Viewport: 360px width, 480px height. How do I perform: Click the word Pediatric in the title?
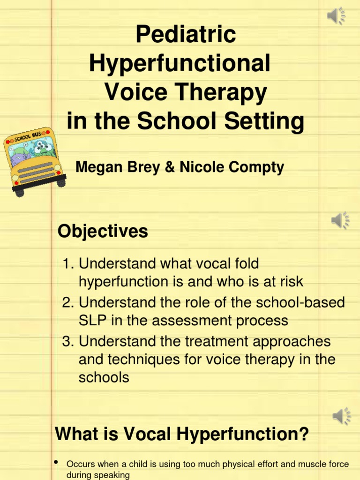coord(186,35)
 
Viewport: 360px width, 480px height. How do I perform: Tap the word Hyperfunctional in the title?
coord(180,63)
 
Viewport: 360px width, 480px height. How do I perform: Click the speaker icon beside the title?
coord(336,17)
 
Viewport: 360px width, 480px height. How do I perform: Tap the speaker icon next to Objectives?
coord(340,220)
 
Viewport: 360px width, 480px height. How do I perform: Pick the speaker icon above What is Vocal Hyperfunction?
coord(342,415)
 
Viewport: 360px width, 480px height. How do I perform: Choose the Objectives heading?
coord(103,231)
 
